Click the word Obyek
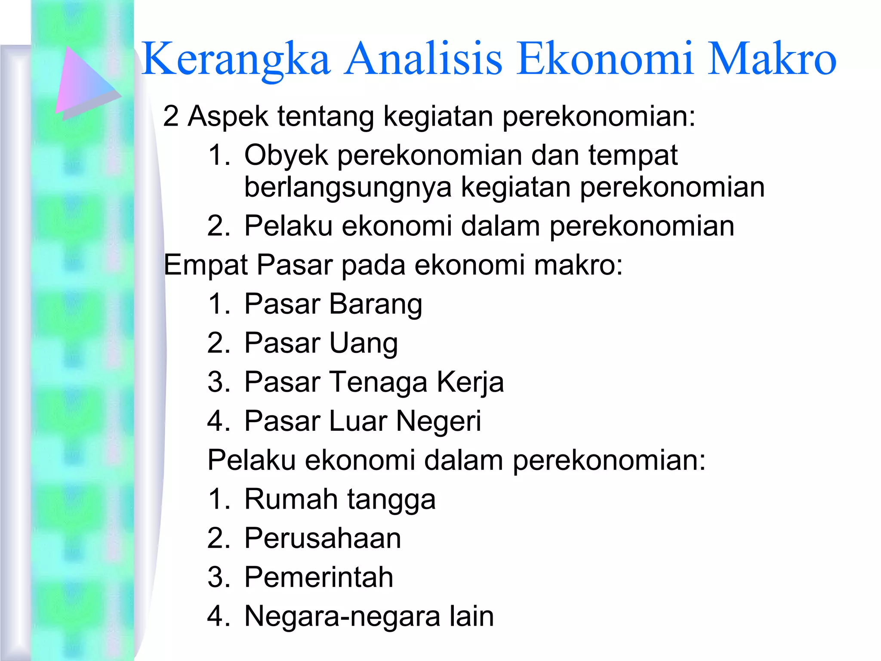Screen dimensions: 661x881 click(286, 156)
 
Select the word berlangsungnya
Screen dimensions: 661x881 click(348, 188)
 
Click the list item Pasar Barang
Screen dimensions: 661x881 click(333, 304)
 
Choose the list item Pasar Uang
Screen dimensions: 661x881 click(321, 343)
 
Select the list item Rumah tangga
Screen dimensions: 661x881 click(340, 499)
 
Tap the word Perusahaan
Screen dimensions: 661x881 click(323, 538)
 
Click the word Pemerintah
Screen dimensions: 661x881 click(319, 577)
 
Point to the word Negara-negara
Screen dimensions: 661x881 click(342, 616)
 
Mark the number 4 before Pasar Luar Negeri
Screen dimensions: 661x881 click(215, 421)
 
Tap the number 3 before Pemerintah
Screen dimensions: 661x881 click(215, 577)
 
